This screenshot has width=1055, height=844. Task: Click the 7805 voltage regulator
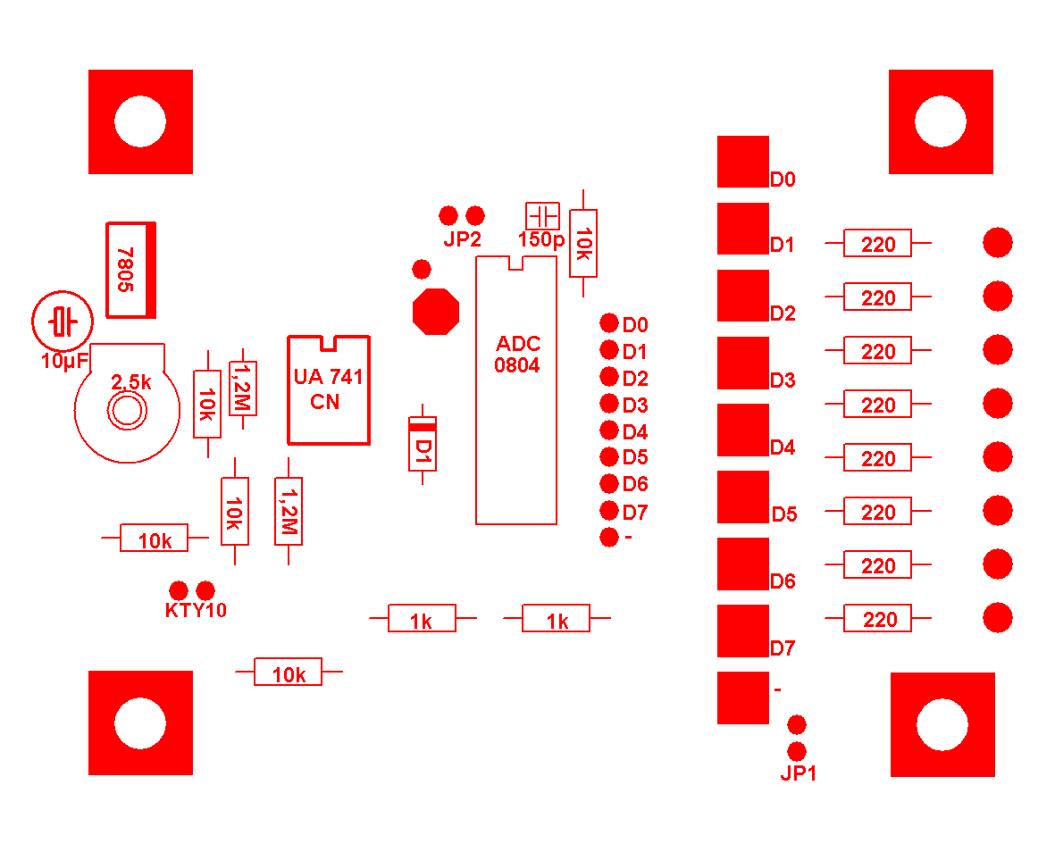coord(130,269)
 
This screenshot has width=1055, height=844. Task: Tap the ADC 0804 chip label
coord(518,355)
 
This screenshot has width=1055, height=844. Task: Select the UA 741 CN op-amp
coord(328,389)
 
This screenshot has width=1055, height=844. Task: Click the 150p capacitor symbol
coord(542,216)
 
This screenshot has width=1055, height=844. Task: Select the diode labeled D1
coord(422,443)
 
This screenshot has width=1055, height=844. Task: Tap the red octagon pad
coord(435,311)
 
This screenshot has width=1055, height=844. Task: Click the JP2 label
coord(463,239)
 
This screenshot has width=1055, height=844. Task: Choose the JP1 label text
coord(799,774)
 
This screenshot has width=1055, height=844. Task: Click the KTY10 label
coord(196,611)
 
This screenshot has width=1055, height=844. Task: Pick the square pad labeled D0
coord(742,162)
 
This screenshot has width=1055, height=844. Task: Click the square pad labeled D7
coord(742,631)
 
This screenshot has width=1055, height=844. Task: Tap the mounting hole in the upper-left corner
coord(140,121)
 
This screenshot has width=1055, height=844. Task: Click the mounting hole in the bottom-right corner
coord(942,724)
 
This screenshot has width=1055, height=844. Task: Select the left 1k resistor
coord(422,618)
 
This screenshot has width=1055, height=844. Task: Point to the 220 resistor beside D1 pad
coord(878,243)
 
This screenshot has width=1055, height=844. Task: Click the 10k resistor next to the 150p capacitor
coord(583,243)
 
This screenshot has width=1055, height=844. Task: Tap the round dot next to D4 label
coord(609,430)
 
